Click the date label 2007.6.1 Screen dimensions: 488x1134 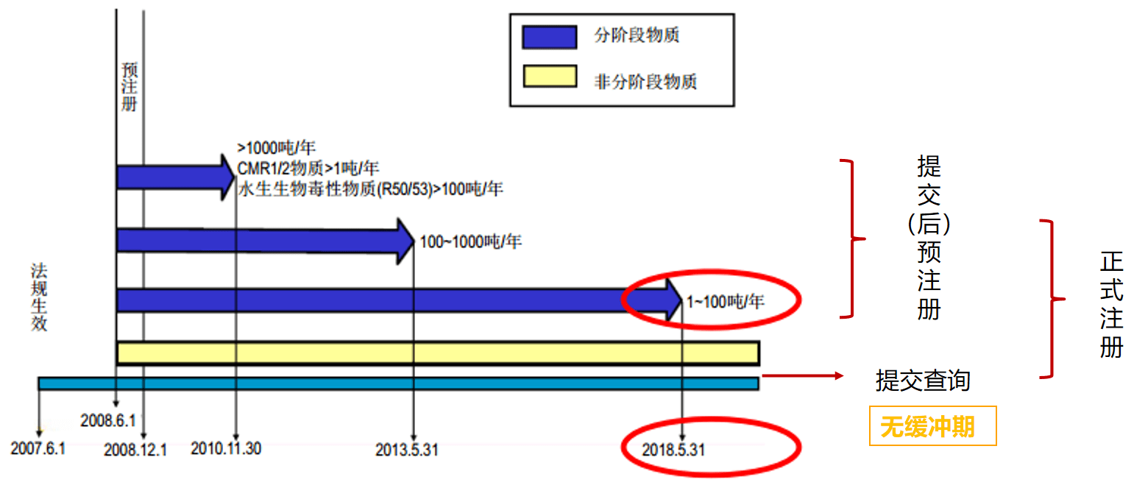[x=38, y=447]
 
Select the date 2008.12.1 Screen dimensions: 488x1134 [x=135, y=448]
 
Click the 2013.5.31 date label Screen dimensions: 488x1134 [x=406, y=448]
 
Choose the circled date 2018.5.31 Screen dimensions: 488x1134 [x=673, y=448]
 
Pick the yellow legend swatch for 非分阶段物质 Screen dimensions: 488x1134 [x=549, y=79]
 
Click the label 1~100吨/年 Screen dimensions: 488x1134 [x=725, y=300]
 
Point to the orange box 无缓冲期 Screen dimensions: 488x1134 [x=932, y=426]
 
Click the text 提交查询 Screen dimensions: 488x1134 [x=923, y=381]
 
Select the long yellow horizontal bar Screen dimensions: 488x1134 [x=438, y=353]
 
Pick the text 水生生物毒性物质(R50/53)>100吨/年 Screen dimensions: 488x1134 [x=370, y=188]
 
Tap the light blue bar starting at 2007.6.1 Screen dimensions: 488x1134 [x=398, y=383]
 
